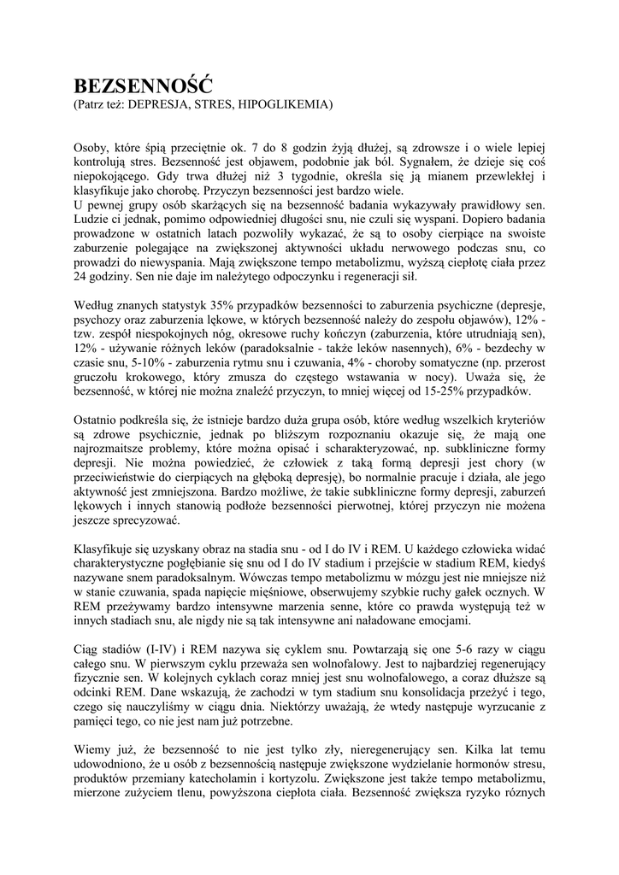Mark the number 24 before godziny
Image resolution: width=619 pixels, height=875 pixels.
(x=80, y=277)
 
